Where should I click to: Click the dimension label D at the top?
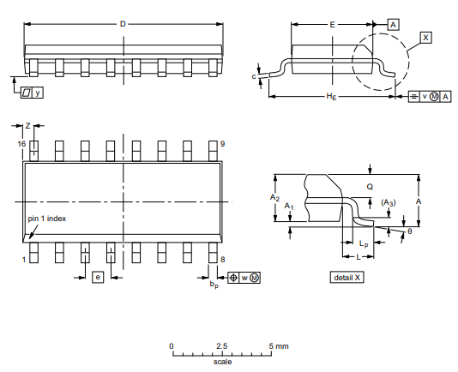point(123,24)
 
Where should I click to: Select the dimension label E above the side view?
point(332,25)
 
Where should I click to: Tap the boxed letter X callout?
point(425,38)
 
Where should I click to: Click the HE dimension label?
point(331,96)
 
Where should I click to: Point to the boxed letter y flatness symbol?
point(38,93)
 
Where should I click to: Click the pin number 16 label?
point(21,144)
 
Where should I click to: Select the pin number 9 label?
point(223,144)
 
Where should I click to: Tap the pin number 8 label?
point(223,260)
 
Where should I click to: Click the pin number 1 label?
point(24,260)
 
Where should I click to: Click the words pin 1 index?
point(46,219)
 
